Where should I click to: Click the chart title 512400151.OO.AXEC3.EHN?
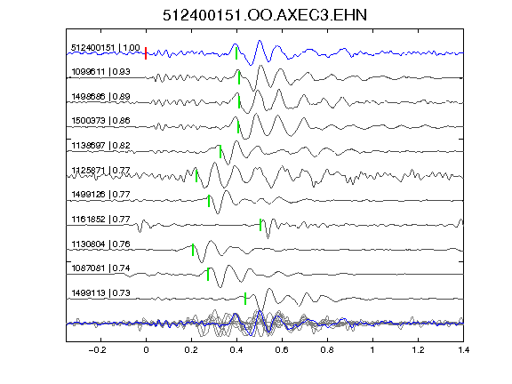[265, 15]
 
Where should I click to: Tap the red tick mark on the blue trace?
[146, 53]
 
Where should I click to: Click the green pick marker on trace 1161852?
[260, 225]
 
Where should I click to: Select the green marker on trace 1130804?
[193, 250]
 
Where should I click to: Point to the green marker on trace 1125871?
[196, 175]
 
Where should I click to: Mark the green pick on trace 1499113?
[245, 299]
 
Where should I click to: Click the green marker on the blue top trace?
[236, 53]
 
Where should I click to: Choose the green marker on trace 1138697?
[220, 151]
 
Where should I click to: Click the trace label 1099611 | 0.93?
[101, 71]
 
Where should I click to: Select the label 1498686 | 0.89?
[101, 97]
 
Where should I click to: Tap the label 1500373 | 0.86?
[101, 121]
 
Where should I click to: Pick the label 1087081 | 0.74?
[101, 268]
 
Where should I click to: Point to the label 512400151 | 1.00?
[106, 48]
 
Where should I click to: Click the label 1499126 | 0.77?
[101, 195]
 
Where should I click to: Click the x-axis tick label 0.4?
[236, 350]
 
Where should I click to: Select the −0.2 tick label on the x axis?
[97, 350]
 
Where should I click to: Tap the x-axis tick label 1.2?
[418, 350]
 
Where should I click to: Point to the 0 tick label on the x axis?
[146, 350]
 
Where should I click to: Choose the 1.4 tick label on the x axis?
[463, 350]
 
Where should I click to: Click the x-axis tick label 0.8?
[327, 350]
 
